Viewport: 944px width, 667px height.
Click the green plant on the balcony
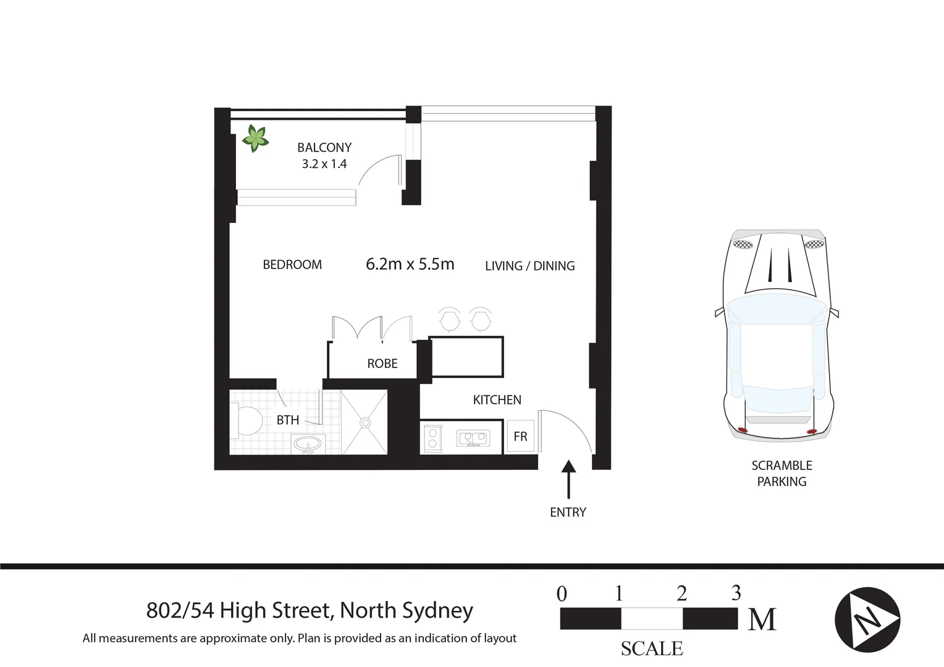pyautogui.click(x=255, y=138)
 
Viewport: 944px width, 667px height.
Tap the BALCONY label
pyautogui.click(x=324, y=148)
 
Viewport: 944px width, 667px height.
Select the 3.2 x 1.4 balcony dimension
pyautogui.click(x=324, y=164)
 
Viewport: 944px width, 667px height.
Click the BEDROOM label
pyautogui.click(x=292, y=265)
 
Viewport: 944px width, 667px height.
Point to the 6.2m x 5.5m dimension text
pyautogui.click(x=410, y=264)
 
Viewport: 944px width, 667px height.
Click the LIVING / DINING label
pyautogui.click(x=529, y=266)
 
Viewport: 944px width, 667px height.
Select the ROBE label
pyautogui.click(x=382, y=364)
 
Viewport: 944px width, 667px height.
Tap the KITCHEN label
pyautogui.click(x=497, y=400)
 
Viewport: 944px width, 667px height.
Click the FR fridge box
pyautogui.click(x=520, y=437)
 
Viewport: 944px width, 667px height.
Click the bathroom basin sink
pyautogui.click(x=308, y=444)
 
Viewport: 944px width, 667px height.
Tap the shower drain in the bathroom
pyautogui.click(x=365, y=423)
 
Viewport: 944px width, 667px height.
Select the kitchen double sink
pyautogui.click(x=473, y=438)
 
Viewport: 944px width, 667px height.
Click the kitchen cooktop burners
pyautogui.click(x=432, y=438)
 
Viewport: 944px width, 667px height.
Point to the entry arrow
pyautogui.click(x=568, y=479)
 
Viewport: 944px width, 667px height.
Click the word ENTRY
pyautogui.click(x=568, y=513)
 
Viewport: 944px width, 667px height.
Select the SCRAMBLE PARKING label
pyautogui.click(x=782, y=474)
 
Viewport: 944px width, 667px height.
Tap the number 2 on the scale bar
pyautogui.click(x=681, y=594)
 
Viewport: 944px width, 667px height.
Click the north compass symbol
pyautogui.click(x=867, y=619)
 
